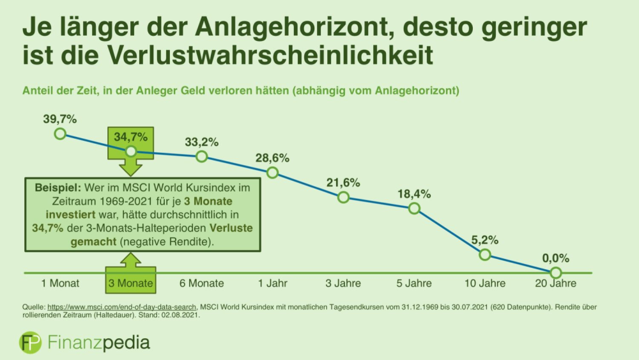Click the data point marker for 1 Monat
60,133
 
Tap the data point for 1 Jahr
272,173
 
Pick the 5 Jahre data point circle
414,208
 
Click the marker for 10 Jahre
484,254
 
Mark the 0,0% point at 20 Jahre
555,273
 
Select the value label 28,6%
273,157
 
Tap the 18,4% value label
414,193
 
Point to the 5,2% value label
485,240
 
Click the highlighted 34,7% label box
130,137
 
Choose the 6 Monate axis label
201,283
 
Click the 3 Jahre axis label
343,283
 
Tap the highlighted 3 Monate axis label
130,283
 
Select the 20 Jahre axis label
555,283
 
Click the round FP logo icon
30,342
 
